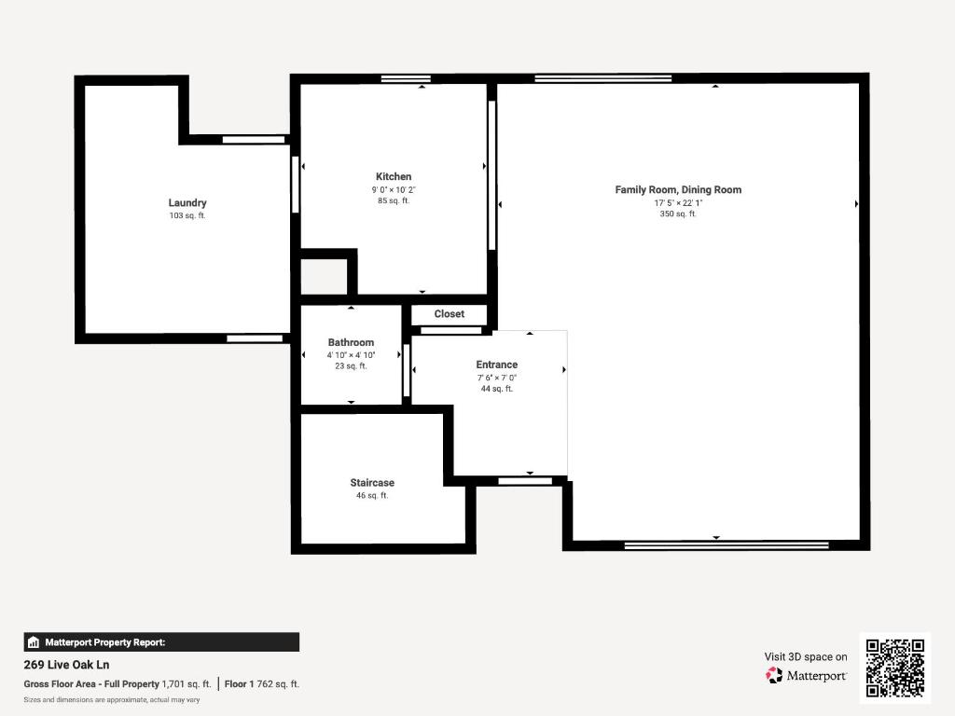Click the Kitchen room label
[393, 176]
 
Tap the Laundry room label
[187, 202]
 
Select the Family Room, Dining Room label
[678, 189]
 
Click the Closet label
[449, 314]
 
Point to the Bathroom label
[351, 342]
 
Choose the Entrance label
[496, 365]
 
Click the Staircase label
[372, 483]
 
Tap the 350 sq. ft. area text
[678, 214]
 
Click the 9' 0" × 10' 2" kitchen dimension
[393, 189]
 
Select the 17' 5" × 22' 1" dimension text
[678, 202]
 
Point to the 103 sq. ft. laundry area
[187, 215]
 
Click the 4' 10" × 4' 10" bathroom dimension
[351, 355]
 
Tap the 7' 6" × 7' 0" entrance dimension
[496, 378]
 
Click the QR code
[894, 668]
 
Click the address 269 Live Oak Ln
[66, 665]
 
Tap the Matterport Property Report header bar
[161, 641]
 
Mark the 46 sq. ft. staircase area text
[372, 496]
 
